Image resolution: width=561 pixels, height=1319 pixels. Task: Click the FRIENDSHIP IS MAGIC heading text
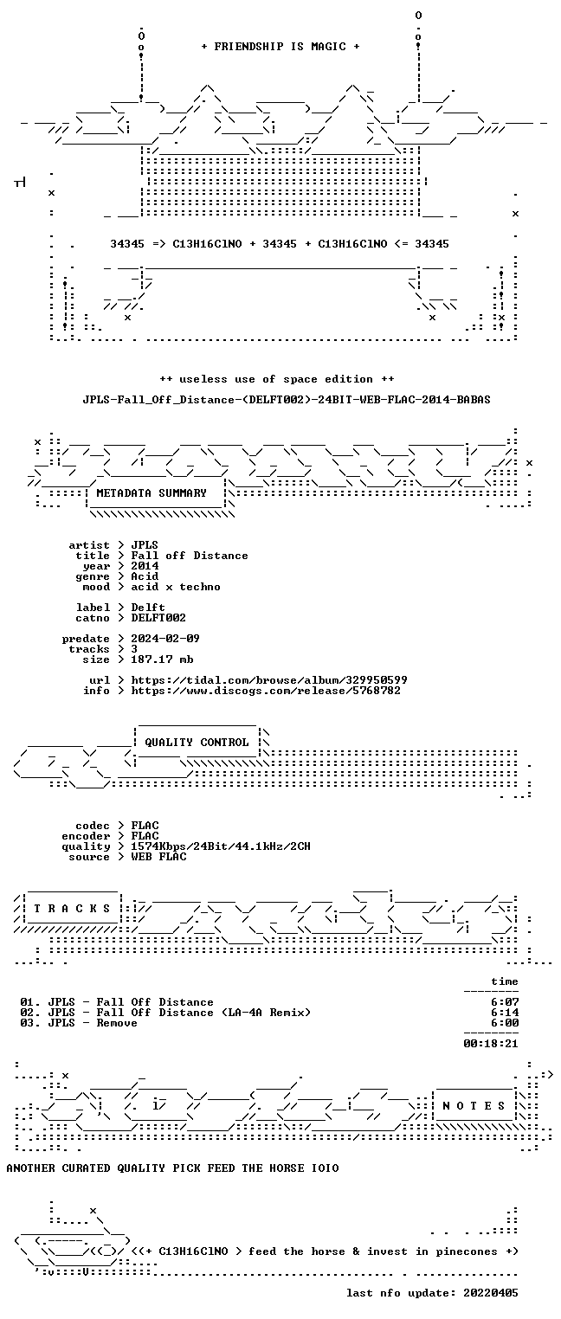click(x=280, y=47)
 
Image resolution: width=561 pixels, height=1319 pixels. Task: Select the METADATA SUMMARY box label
click(x=152, y=493)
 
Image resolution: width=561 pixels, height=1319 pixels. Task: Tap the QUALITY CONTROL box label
click(x=197, y=743)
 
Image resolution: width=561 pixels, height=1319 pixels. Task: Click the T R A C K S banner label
click(x=72, y=909)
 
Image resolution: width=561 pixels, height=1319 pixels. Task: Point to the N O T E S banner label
click(x=474, y=1106)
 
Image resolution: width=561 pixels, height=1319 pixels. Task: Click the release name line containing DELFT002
click(x=287, y=400)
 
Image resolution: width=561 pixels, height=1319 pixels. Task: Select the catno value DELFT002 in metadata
click(x=158, y=618)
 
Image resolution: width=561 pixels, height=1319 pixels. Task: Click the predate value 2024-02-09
click(x=165, y=639)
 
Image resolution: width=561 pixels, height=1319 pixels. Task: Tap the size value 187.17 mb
click(x=162, y=659)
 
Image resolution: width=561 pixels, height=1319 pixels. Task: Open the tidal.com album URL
click(x=269, y=680)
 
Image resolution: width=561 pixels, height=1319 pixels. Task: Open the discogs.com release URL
click(x=266, y=691)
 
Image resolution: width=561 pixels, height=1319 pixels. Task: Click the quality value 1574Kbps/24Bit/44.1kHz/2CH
click(x=221, y=846)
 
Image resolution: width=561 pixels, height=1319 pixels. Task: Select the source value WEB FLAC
click(x=158, y=857)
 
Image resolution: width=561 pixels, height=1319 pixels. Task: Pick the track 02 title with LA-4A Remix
click(x=179, y=1013)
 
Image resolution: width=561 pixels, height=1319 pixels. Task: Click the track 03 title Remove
click(x=93, y=1023)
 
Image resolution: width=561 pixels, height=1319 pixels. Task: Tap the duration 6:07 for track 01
click(x=505, y=1002)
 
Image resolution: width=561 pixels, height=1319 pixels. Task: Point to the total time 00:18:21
click(x=491, y=1044)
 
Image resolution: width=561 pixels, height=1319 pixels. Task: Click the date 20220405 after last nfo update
click(x=491, y=1293)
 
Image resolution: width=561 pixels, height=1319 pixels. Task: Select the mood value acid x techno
click(x=176, y=587)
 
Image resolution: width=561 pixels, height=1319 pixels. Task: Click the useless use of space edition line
click(x=277, y=379)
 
